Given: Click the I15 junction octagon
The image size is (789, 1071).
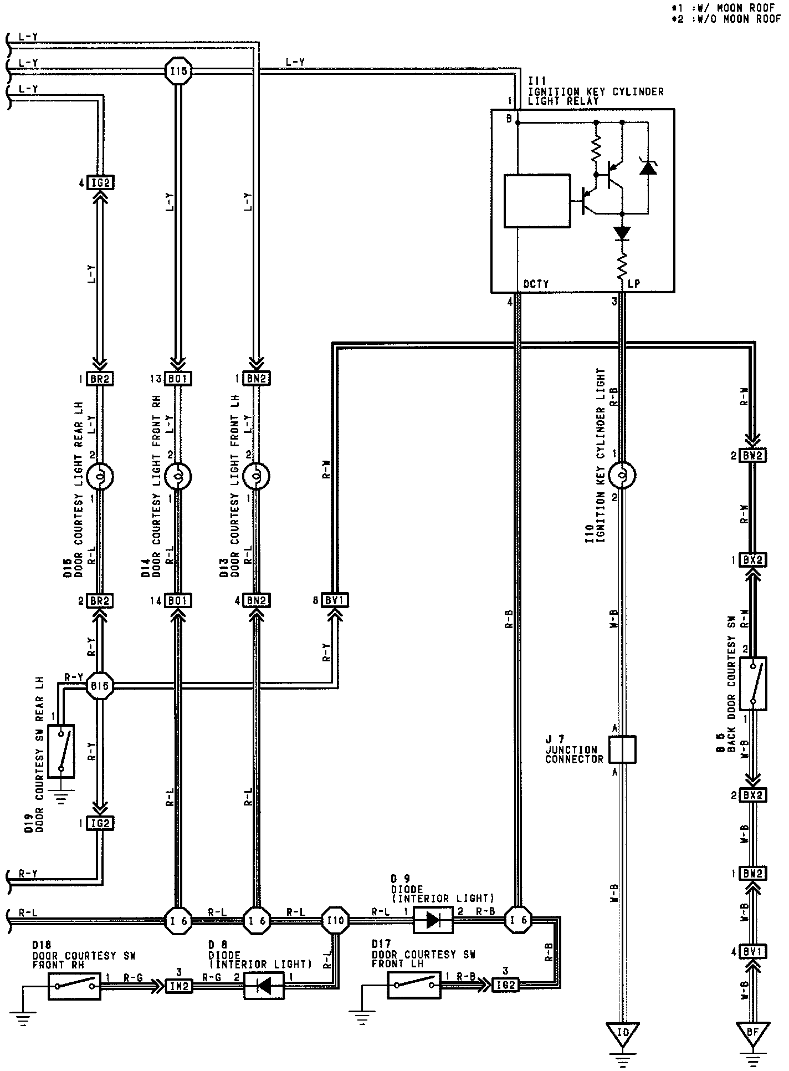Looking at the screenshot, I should coord(178,71).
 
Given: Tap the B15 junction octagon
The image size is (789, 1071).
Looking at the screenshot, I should coord(100,686).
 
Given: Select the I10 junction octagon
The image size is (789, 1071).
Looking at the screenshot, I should coord(335,921).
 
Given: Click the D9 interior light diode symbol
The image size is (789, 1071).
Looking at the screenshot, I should coord(433,921).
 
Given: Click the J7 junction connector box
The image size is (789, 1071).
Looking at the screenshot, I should coord(622,749).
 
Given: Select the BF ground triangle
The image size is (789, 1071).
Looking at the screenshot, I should coord(753,1033).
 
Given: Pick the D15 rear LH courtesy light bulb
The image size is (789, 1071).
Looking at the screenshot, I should coord(100,476).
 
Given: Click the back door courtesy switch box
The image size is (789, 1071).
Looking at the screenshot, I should coord(753,684).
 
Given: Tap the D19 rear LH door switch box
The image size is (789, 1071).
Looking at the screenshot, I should coord(61,749).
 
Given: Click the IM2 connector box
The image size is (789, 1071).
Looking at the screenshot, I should coord(179,985).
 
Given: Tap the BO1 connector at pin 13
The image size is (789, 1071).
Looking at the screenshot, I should coord(178,379).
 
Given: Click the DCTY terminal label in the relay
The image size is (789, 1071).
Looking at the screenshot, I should coord(536,284).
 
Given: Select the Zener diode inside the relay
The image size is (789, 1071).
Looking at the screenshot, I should coord(647,166).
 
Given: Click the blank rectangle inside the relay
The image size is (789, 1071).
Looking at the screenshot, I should coord(537,201).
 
